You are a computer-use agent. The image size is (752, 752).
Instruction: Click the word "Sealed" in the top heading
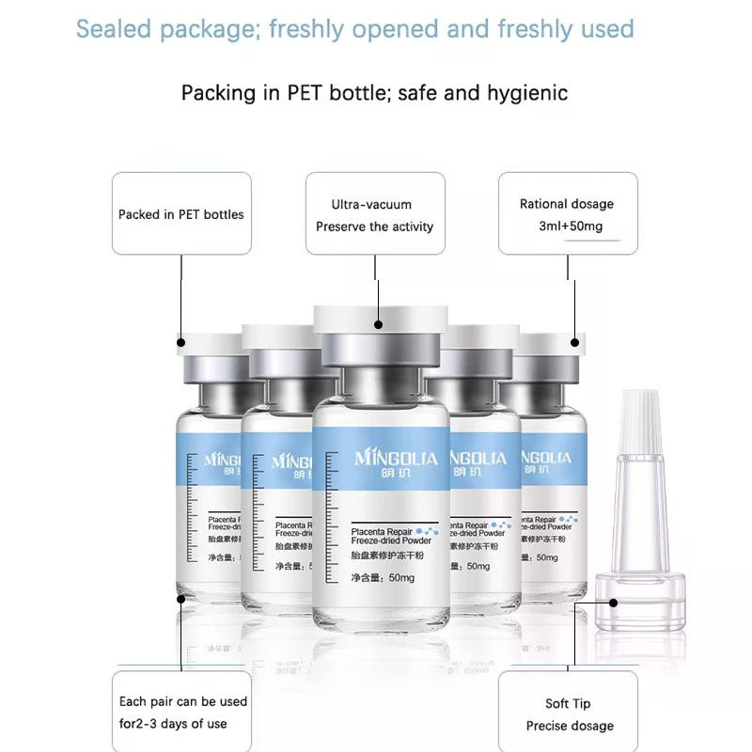[111, 28]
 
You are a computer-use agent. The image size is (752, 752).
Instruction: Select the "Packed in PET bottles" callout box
[181, 213]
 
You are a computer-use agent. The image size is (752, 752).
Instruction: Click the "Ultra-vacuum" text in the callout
[371, 204]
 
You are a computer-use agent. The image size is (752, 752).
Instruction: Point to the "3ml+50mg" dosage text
[569, 227]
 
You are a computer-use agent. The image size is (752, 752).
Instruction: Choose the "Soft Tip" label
[568, 703]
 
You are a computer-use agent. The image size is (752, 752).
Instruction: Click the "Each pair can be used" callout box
[181, 713]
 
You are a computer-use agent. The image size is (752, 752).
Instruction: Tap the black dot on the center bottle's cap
[378, 324]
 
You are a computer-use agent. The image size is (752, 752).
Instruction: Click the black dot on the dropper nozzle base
[612, 603]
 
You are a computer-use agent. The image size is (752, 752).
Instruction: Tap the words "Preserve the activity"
[374, 227]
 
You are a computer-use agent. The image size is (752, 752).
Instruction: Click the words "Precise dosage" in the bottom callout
[570, 726]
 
